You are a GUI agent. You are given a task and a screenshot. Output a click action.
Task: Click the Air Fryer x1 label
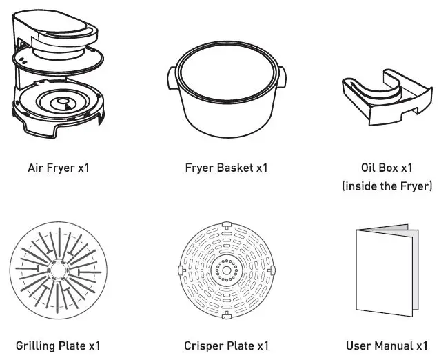coord(59,168)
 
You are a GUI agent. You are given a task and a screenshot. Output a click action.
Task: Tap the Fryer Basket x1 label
coord(226,168)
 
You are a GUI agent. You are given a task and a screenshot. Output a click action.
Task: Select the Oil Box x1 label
coord(387,168)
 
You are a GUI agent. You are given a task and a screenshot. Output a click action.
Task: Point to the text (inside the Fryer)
coord(387,186)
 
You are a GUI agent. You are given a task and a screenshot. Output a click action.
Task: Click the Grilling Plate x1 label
coord(59,346)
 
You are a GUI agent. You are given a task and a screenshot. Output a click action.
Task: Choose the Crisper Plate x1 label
coord(226,346)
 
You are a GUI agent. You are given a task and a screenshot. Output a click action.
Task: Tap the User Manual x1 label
coord(387,346)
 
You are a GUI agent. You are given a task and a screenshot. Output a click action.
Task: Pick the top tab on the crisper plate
coord(225,226)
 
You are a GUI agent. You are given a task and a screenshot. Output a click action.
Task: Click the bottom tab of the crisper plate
coord(225,316)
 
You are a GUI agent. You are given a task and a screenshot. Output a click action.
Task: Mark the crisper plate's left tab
coord(180,271)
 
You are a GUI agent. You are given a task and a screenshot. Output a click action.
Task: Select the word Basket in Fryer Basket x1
coord(235,168)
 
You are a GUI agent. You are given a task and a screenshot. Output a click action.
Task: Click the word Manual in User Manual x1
coord(394,346)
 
